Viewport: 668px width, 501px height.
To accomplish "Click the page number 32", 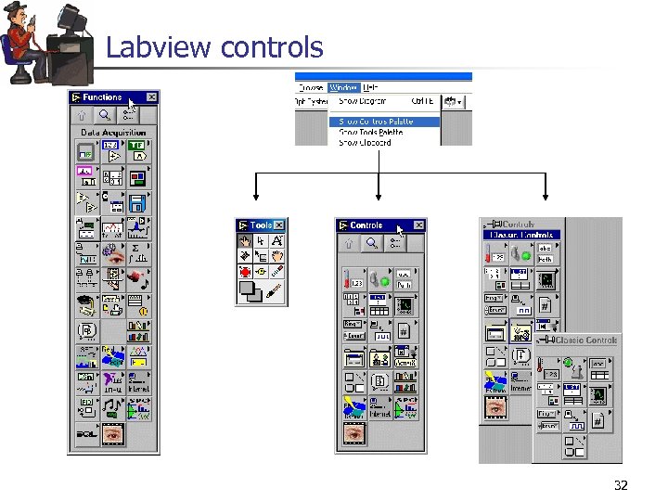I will pyautogui.click(x=621, y=485).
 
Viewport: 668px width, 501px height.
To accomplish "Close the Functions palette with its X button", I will pyautogui.click(x=151, y=97).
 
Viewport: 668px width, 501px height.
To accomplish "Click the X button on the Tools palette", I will pyautogui.click(x=278, y=225).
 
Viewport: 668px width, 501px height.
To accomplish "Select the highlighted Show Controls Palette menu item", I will pyautogui.click(x=376, y=122).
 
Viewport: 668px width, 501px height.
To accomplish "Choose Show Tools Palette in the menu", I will pyautogui.click(x=370, y=133).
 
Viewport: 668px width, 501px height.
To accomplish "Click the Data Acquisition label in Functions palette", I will pyautogui.click(x=113, y=133).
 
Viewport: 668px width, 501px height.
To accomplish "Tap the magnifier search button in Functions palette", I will pyautogui.click(x=105, y=116).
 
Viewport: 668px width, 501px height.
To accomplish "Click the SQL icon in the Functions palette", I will pyautogui.click(x=86, y=433).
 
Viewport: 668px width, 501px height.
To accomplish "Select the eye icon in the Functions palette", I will pyautogui.click(x=113, y=433).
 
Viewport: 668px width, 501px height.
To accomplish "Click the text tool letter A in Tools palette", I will pyautogui.click(x=276, y=241).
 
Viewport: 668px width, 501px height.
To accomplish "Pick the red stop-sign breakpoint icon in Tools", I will pyautogui.click(x=245, y=272).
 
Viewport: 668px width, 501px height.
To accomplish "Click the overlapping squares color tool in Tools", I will pyautogui.click(x=249, y=292).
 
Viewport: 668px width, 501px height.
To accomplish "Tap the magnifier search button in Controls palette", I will pyautogui.click(x=371, y=243).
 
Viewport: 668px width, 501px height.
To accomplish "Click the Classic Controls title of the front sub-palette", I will pyautogui.click(x=587, y=340).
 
